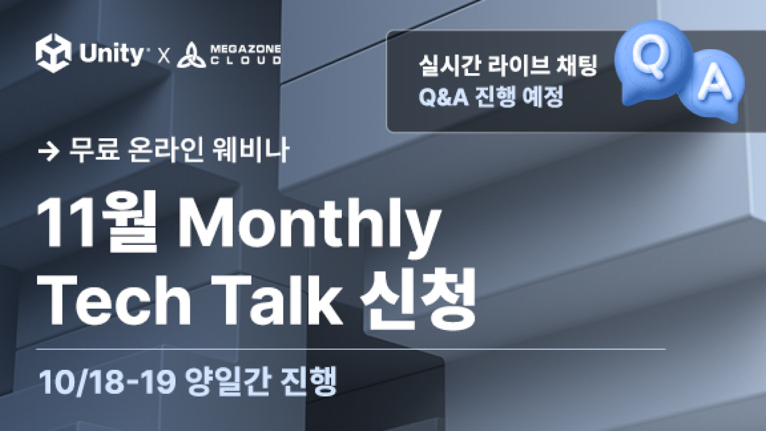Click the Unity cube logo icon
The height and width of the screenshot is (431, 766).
pos(53,53)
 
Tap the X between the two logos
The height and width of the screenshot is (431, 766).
pos(164,56)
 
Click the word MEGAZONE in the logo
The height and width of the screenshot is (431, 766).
pos(246,49)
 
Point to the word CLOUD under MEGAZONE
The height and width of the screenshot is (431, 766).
pos(246,61)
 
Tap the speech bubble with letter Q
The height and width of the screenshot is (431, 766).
pos(652,63)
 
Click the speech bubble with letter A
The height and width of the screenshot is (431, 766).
pos(712,86)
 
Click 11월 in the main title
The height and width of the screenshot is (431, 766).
pos(97,222)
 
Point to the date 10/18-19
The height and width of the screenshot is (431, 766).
pos(107,381)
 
